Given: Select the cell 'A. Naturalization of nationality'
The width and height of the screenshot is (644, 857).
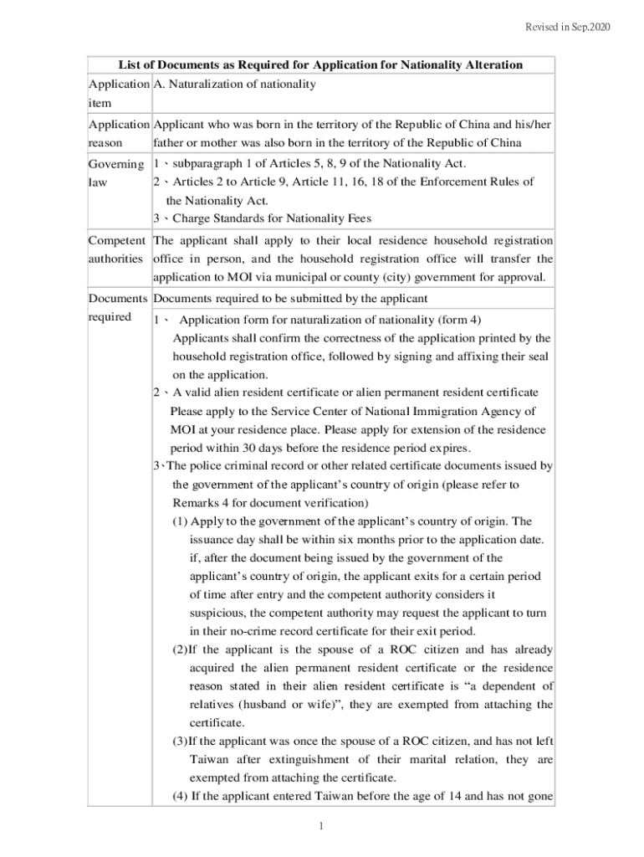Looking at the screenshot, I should click(235, 84).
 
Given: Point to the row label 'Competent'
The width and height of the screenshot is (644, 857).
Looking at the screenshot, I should click(116, 240).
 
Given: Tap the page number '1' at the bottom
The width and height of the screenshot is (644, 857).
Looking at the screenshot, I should click(321, 827).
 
